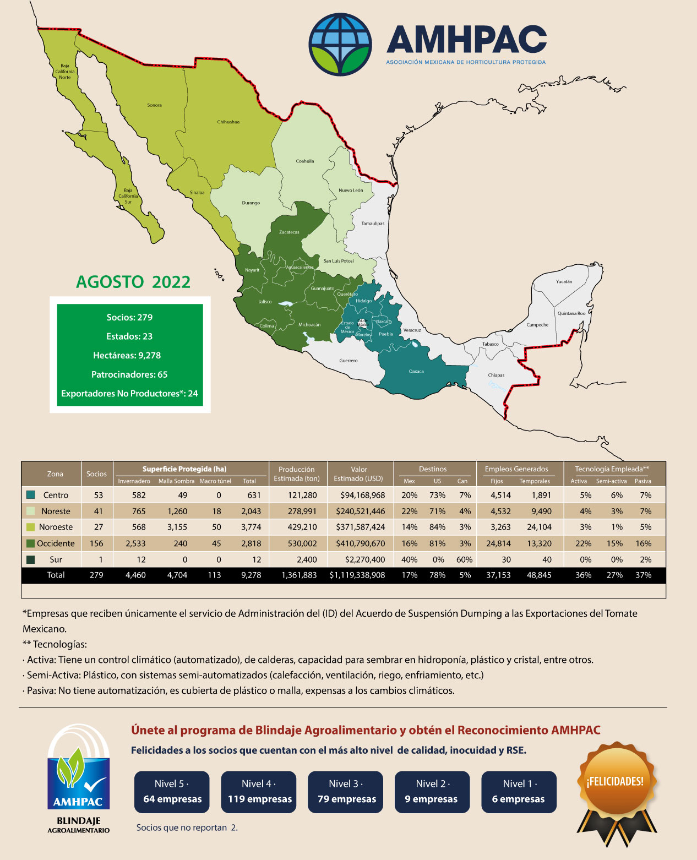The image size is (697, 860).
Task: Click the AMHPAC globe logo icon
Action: click(x=340, y=44)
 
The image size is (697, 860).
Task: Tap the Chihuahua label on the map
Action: click(x=228, y=122)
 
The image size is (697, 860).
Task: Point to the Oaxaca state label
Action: click(x=416, y=371)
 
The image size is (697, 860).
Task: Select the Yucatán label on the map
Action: click(x=564, y=281)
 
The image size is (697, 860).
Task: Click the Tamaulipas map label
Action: click(x=373, y=224)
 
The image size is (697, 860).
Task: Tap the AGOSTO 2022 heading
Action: click(x=133, y=282)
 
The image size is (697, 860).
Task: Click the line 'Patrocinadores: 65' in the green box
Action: click(x=129, y=374)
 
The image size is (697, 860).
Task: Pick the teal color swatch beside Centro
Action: click(x=31, y=495)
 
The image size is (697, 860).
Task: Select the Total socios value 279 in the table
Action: click(x=96, y=575)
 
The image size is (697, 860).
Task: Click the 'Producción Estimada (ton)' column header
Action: click(x=297, y=473)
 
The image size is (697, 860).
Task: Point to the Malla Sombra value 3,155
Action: click(x=177, y=527)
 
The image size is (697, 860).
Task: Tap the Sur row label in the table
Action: click(x=56, y=559)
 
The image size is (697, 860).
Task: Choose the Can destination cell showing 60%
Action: click(x=464, y=559)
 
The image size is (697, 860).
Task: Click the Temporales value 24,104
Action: click(x=539, y=527)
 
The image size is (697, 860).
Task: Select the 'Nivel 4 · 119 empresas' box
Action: click(x=259, y=792)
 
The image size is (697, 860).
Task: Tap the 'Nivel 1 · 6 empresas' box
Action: click(x=519, y=792)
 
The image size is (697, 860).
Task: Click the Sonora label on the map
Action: click(x=154, y=105)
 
